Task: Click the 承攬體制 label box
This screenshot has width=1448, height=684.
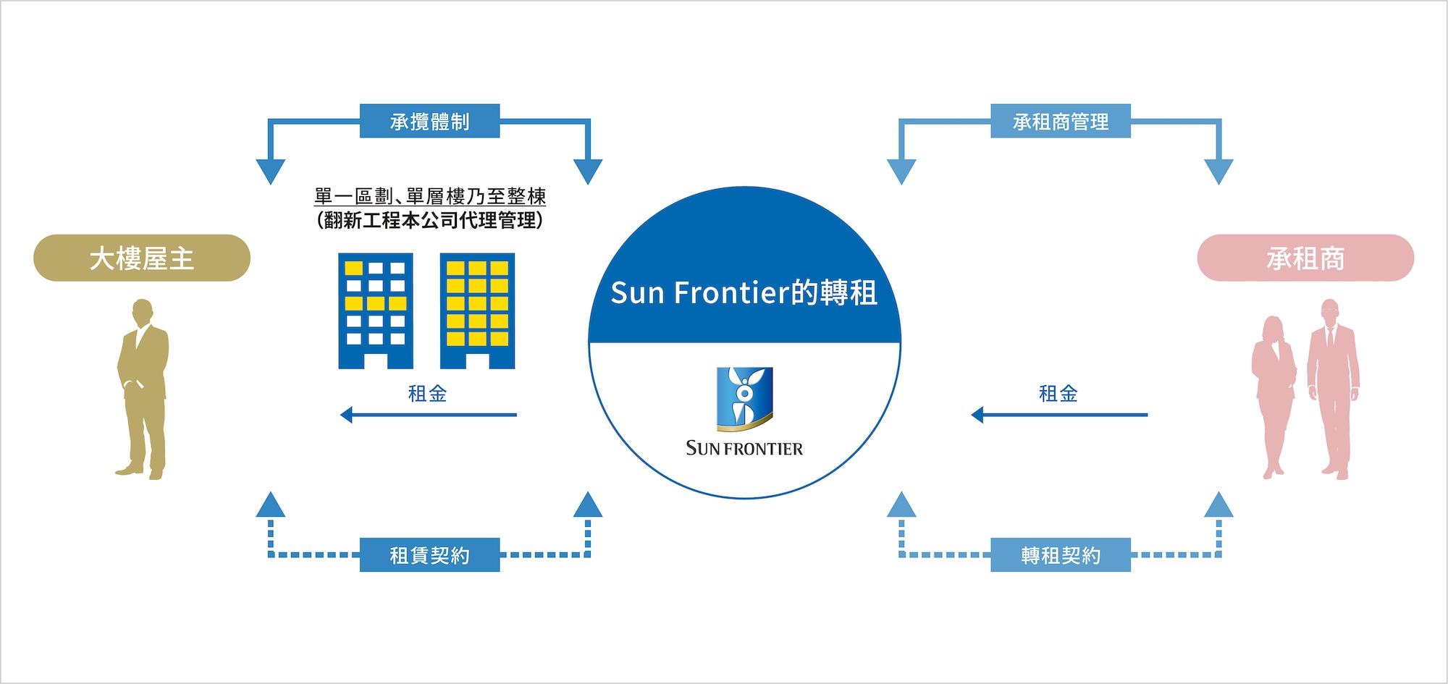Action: (429, 122)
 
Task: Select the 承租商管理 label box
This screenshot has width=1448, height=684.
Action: (1060, 122)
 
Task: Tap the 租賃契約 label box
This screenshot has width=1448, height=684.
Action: (429, 555)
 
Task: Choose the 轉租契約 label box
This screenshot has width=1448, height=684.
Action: (1060, 555)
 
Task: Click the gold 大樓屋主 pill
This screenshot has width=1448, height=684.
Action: (142, 258)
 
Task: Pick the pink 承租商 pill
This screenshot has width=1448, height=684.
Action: (1305, 258)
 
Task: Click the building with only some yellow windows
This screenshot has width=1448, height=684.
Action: (376, 311)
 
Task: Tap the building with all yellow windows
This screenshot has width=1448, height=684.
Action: (477, 311)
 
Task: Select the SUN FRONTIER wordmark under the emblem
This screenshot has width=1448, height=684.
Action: (744, 449)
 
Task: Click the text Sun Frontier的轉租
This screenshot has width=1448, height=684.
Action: (744, 293)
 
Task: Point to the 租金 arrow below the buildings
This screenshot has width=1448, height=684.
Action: (429, 415)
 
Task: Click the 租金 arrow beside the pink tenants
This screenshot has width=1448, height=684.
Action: (1059, 415)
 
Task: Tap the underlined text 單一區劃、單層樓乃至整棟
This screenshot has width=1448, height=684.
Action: (429, 196)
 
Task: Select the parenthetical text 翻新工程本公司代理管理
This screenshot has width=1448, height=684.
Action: (429, 220)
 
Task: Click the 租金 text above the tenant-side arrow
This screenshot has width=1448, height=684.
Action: (1058, 394)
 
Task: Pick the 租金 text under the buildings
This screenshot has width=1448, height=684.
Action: (427, 394)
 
